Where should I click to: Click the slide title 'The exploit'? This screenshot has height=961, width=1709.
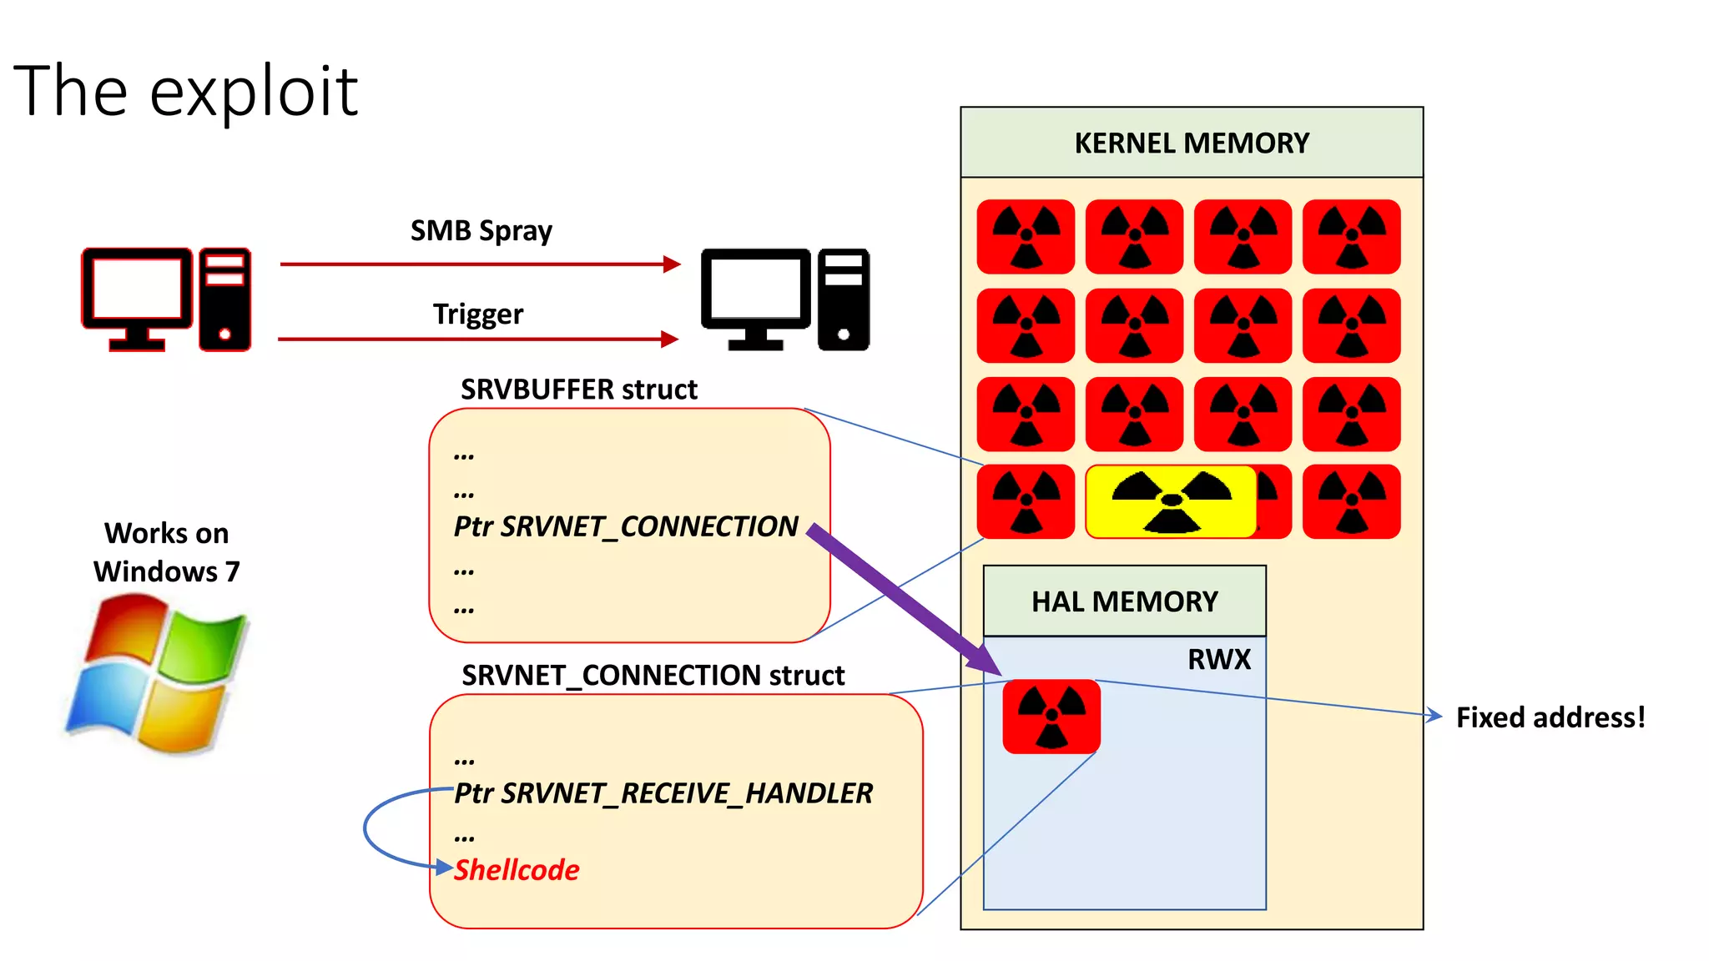point(185,91)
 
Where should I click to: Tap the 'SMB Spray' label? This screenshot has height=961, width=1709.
point(481,230)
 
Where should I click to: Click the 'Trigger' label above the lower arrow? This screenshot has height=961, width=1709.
point(477,314)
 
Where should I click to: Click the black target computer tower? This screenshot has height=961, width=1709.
point(843,299)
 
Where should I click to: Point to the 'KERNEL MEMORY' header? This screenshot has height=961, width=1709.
point(1191,143)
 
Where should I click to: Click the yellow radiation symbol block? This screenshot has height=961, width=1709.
point(1171,501)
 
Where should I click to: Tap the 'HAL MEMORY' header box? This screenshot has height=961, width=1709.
point(1124,601)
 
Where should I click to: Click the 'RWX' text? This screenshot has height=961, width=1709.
point(1218,659)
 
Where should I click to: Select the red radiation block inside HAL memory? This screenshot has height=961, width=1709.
point(1051,717)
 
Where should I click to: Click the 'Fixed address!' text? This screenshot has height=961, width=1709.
point(1550,717)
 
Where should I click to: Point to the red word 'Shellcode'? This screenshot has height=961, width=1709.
point(517,870)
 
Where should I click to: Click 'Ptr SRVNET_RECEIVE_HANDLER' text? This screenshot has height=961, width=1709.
point(663,792)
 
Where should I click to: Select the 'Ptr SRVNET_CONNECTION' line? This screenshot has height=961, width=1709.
point(626,526)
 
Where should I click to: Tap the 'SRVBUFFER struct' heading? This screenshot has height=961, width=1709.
point(578,390)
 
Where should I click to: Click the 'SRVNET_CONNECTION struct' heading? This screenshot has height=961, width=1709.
point(653,675)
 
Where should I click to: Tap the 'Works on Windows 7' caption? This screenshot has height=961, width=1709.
point(166,552)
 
